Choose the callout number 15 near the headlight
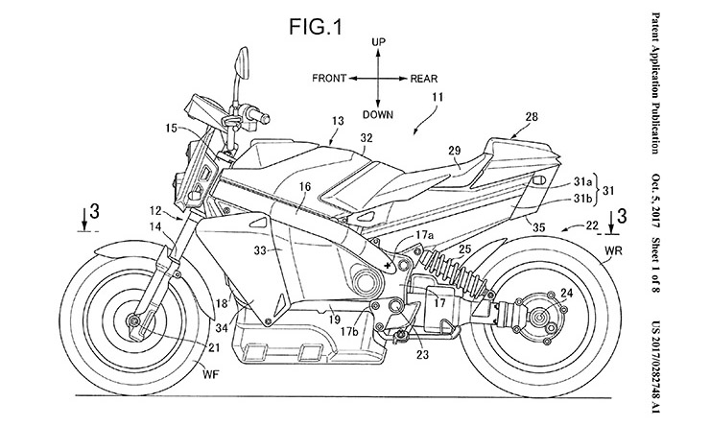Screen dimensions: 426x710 point(170,127)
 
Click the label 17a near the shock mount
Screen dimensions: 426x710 point(423,233)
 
